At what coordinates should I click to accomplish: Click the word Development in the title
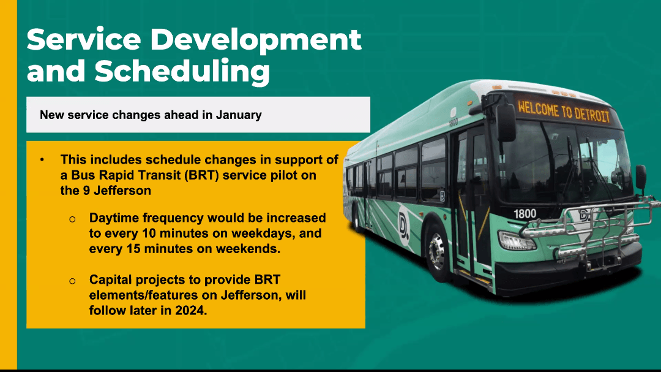pyautogui.click(x=256, y=40)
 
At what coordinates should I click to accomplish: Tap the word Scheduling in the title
pyautogui.click(x=182, y=71)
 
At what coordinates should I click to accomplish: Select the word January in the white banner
pyautogui.click(x=239, y=115)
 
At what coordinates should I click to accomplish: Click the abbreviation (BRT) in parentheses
pyautogui.click(x=201, y=175)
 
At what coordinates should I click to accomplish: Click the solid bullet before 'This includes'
pyautogui.click(x=42, y=160)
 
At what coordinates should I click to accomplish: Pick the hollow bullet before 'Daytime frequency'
pyautogui.click(x=72, y=219)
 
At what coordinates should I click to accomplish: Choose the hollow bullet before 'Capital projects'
pyautogui.click(x=72, y=281)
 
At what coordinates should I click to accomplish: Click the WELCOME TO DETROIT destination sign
pyautogui.click(x=564, y=111)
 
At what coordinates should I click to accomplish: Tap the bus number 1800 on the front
pyautogui.click(x=525, y=214)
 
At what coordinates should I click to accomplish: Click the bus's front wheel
pyautogui.click(x=437, y=252)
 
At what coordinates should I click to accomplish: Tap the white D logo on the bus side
pyautogui.click(x=403, y=224)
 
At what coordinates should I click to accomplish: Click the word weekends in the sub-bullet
pyautogui.click(x=248, y=249)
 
